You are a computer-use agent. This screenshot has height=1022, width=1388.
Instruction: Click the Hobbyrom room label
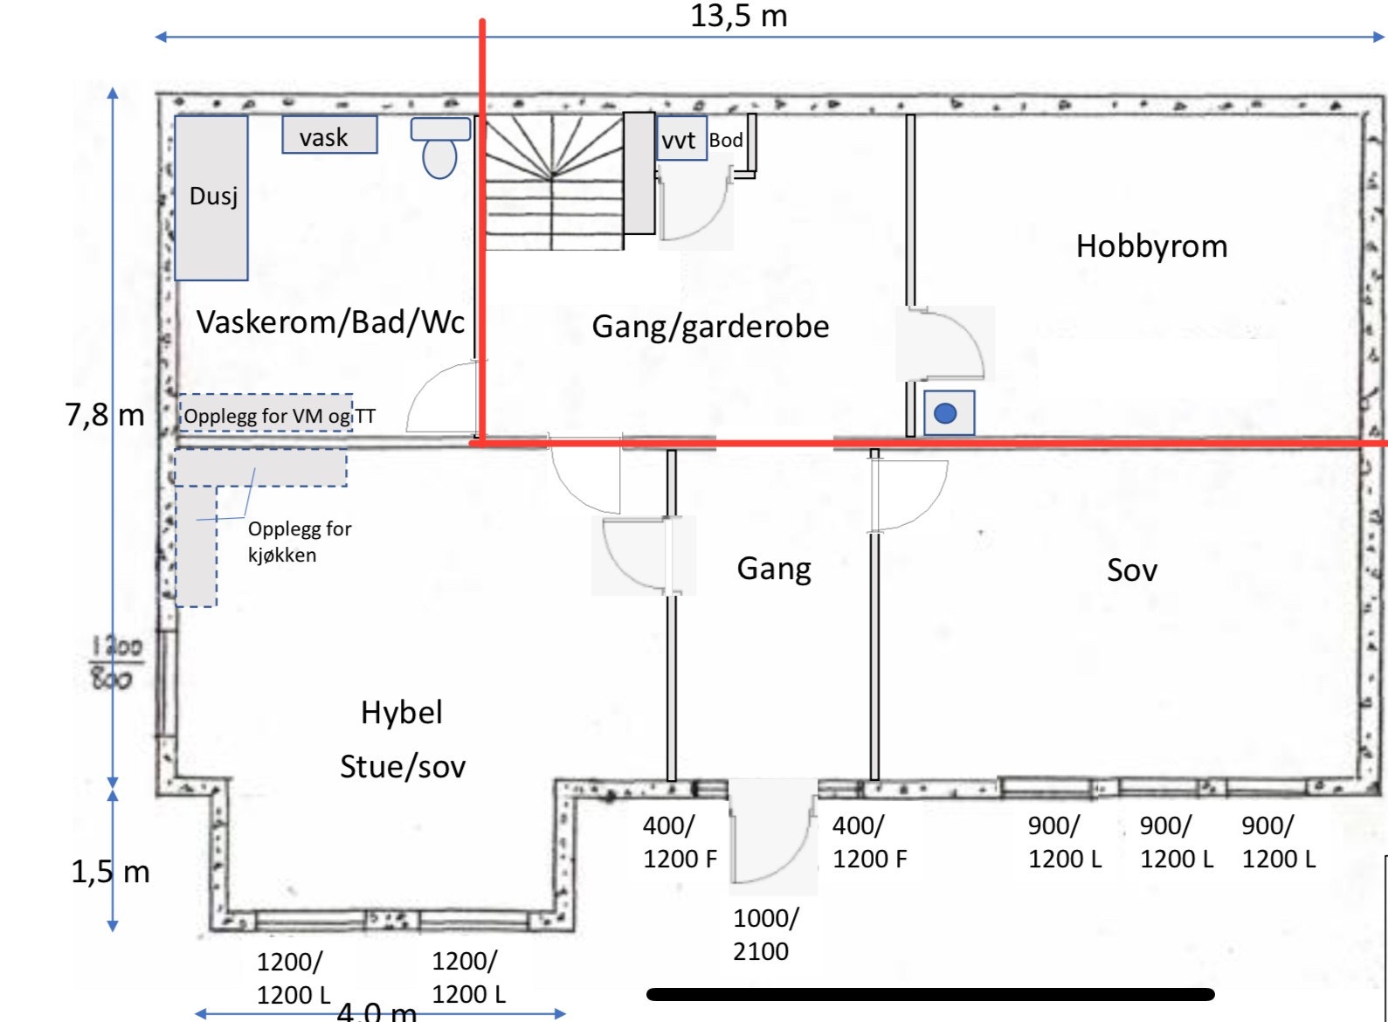(1151, 246)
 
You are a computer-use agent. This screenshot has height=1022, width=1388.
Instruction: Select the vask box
(329, 135)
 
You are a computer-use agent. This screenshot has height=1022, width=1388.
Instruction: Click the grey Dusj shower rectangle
(211, 198)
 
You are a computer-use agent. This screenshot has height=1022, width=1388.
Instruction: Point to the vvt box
(680, 140)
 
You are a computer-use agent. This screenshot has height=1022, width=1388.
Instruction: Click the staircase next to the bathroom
(552, 182)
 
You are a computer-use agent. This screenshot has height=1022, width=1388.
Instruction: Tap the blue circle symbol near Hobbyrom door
(946, 413)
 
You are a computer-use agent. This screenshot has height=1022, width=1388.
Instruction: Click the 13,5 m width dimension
(738, 17)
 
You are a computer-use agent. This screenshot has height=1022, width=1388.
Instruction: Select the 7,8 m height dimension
(105, 414)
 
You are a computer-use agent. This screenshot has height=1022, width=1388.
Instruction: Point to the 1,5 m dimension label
(110, 872)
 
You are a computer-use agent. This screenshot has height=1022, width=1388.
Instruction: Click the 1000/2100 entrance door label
(765, 935)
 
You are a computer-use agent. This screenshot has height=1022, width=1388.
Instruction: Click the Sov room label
(1131, 570)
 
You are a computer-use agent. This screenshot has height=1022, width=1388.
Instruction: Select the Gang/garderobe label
(710, 327)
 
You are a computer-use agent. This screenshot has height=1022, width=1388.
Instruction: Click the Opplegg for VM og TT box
(267, 414)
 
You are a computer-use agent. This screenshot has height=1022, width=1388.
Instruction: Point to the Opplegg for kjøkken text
(299, 542)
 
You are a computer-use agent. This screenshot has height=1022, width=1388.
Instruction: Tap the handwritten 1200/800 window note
(115, 662)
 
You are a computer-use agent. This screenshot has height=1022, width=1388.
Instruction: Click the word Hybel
(401, 713)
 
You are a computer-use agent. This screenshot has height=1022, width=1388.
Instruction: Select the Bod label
(725, 140)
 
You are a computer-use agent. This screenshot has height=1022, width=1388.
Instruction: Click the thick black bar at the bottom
(930, 994)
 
